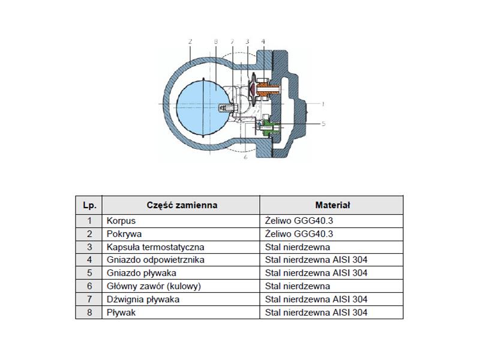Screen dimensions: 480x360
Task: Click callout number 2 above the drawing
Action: click(x=190, y=41)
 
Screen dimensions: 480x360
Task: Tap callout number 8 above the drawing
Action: click(x=216, y=41)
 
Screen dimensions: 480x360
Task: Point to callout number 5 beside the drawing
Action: click(x=323, y=124)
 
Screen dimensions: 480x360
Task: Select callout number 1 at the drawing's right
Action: click(x=323, y=104)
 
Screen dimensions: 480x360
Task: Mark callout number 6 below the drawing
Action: click(x=245, y=157)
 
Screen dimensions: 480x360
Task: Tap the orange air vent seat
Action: click(x=268, y=89)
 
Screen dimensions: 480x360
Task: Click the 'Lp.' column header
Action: click(x=89, y=205)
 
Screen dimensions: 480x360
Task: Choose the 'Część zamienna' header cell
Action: click(x=182, y=205)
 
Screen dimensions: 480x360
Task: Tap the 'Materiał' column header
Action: click(x=332, y=205)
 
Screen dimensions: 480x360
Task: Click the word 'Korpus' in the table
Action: click(x=121, y=221)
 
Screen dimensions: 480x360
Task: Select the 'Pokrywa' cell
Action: click(x=181, y=234)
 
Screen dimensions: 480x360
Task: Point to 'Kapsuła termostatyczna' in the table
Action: click(x=155, y=247)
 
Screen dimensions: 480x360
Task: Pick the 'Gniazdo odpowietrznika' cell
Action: click(x=181, y=260)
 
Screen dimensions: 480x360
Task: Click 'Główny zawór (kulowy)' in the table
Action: click(x=154, y=286)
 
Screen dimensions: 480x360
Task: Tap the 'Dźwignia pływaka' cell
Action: click(x=181, y=299)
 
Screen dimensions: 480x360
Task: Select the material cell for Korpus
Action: click(x=332, y=221)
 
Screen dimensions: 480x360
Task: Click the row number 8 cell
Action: click(x=89, y=312)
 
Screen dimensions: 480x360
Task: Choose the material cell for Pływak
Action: click(x=332, y=312)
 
